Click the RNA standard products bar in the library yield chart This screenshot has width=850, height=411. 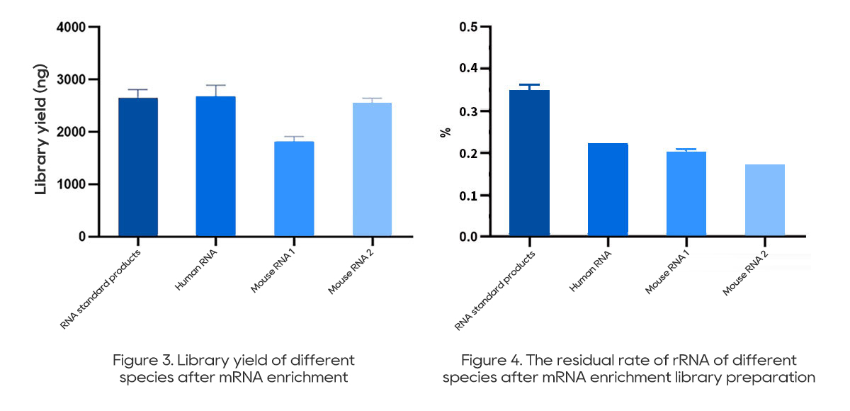[x=138, y=167]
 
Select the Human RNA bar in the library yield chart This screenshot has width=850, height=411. [x=216, y=166]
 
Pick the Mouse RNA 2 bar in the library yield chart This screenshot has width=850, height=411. [x=372, y=169]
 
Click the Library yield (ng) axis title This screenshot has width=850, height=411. [x=42, y=133]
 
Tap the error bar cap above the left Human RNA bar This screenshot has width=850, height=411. [x=216, y=86]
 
